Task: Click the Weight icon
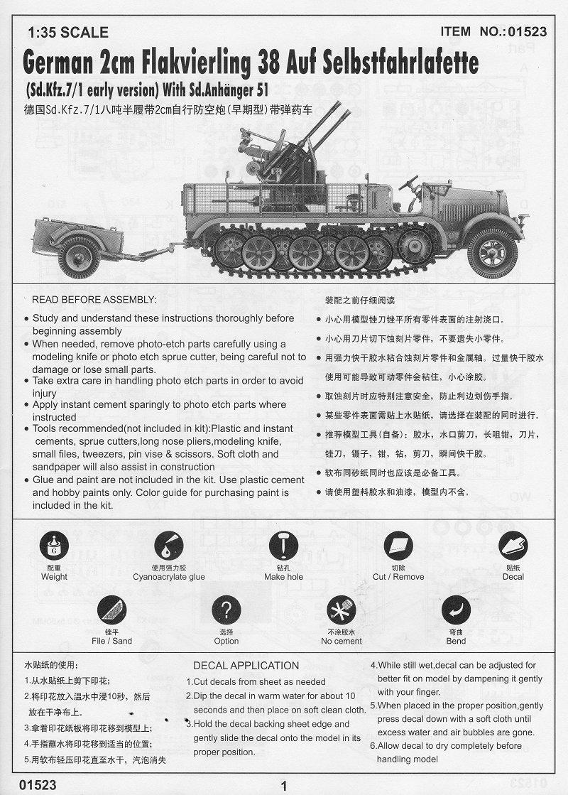pos(54,546)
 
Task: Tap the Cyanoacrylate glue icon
pos(168,546)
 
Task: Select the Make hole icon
pos(283,546)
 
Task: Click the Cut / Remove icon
pos(398,546)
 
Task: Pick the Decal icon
pos(513,546)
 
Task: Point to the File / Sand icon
pos(111,610)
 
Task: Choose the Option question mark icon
pos(226,610)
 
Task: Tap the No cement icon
pos(341,610)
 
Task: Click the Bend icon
pos(456,610)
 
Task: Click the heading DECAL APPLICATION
pos(246,666)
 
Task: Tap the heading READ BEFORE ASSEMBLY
pos(94,301)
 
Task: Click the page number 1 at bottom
pos(284,786)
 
